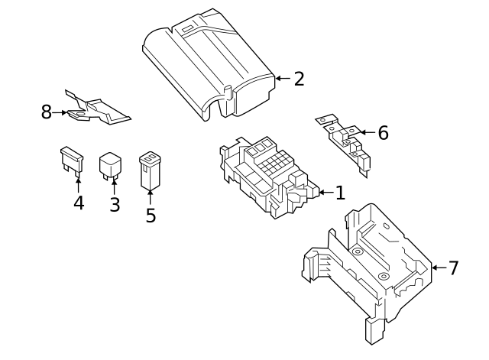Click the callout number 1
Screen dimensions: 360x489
click(x=340, y=193)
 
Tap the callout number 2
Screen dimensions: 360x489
click(x=299, y=78)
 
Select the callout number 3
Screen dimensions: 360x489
click(x=115, y=205)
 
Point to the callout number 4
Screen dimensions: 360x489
click(x=78, y=203)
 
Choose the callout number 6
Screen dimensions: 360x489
click(x=383, y=132)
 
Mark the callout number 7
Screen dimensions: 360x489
click(x=453, y=268)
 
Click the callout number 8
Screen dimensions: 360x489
click(x=46, y=112)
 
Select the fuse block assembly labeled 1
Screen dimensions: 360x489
click(x=271, y=174)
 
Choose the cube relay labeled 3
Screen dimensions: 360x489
click(x=112, y=165)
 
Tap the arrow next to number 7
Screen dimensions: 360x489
click(x=436, y=268)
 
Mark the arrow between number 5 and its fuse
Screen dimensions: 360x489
click(x=151, y=197)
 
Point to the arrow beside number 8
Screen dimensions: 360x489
click(x=60, y=113)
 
